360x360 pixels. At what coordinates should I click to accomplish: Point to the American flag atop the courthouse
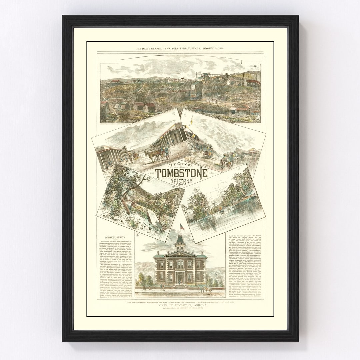pyautogui.click(x=182, y=227)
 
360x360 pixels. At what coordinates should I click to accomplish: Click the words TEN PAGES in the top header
pyautogui.click(x=215, y=49)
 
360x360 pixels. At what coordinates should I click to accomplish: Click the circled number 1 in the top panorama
pyautogui.click(x=255, y=66)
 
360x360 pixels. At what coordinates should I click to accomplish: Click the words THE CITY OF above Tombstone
pyautogui.click(x=180, y=166)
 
